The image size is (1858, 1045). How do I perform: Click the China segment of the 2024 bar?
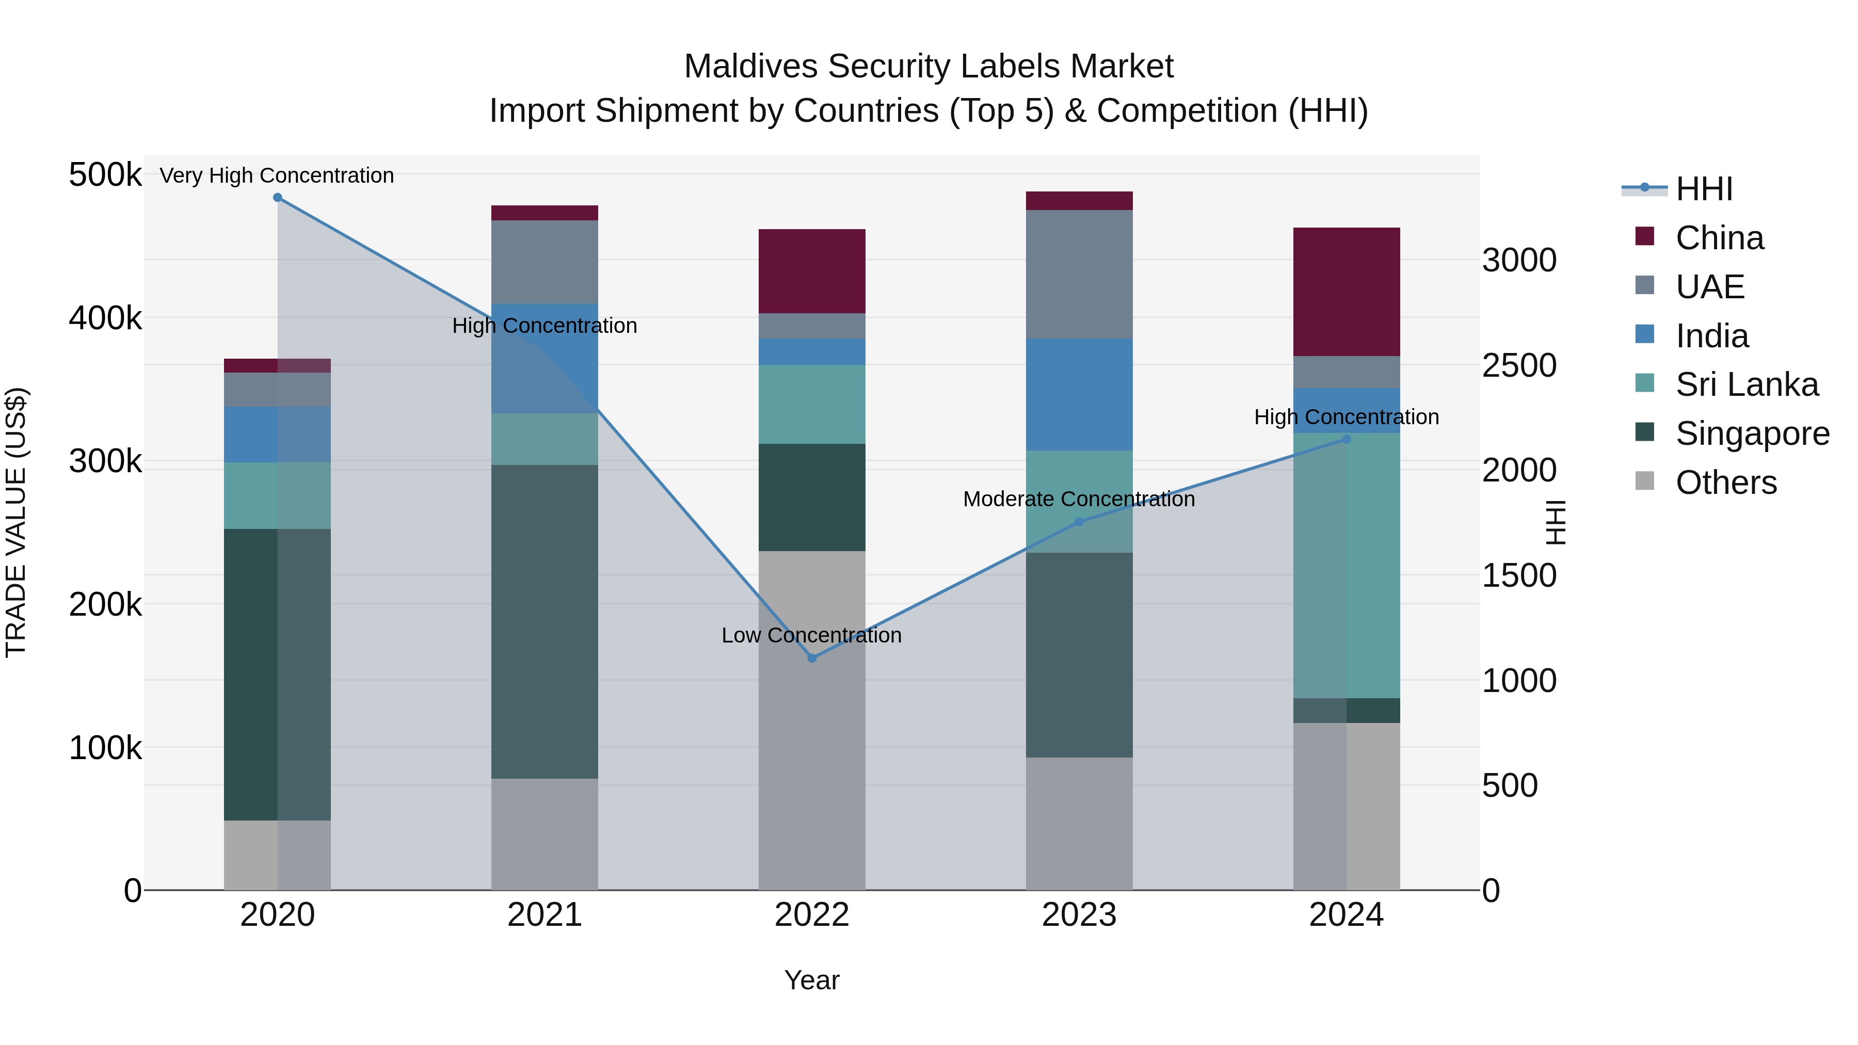[1346, 292]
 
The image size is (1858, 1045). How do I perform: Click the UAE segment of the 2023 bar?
[1079, 274]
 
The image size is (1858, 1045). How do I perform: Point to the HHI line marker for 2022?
[811, 658]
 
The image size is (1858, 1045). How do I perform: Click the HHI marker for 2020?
[278, 198]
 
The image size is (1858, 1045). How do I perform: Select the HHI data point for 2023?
[1079, 521]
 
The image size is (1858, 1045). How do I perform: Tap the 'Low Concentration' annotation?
[811, 635]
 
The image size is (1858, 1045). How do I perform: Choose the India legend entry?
[1711, 336]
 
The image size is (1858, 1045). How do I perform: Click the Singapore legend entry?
[1751, 433]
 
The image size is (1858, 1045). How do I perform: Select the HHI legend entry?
[1704, 189]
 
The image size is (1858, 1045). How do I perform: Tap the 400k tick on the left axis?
[105, 318]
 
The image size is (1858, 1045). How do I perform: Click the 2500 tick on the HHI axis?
[1518, 366]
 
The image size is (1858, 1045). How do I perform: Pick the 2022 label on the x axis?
[811, 915]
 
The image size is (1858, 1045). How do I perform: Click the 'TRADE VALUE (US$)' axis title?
[16, 522]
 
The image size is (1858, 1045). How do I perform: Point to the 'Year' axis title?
[811, 980]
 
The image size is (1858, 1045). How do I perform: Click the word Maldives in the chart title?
[750, 67]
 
